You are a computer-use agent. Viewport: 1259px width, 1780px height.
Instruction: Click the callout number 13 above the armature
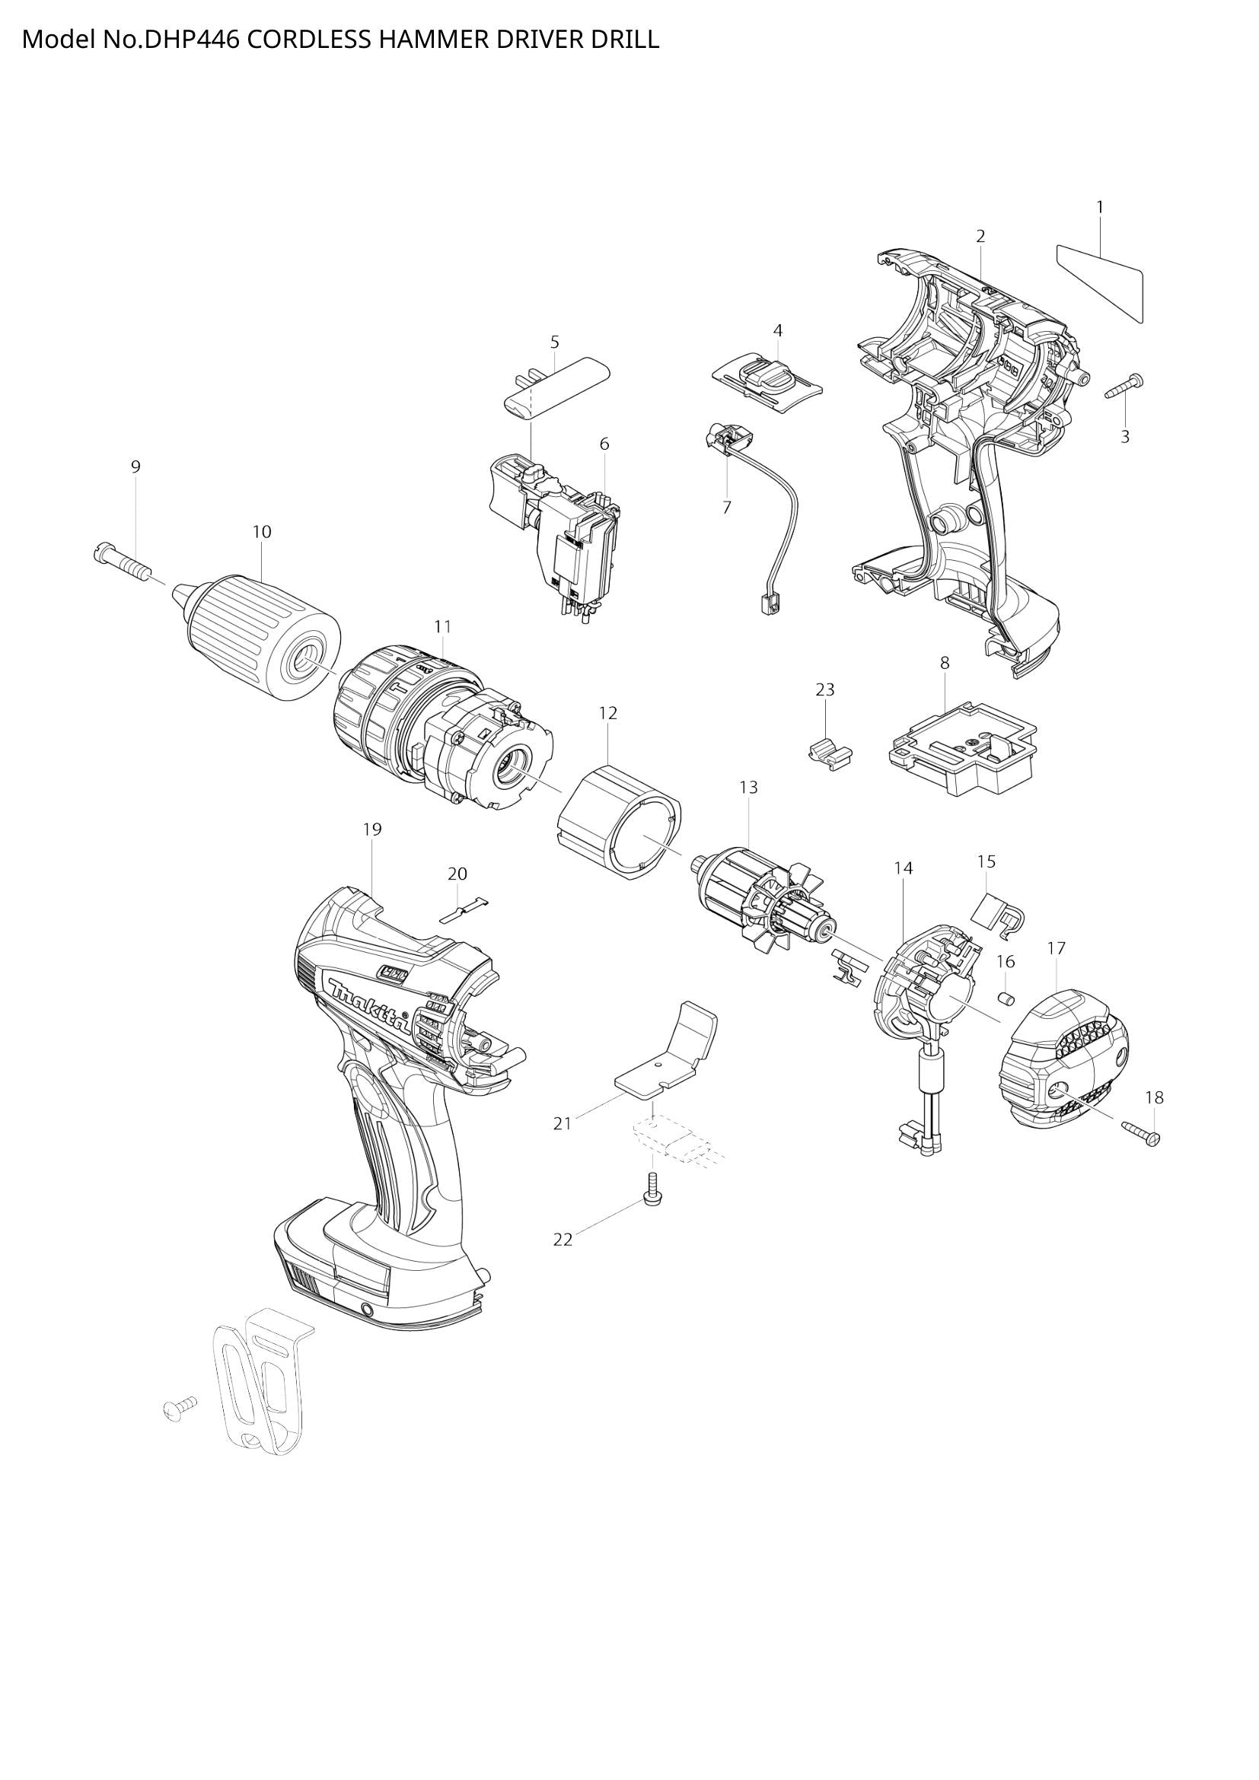point(747,788)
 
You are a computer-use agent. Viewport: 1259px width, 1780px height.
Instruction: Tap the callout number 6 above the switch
point(604,444)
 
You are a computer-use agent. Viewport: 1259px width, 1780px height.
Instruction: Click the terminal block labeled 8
point(961,750)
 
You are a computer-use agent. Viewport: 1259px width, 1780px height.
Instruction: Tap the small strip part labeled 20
point(464,909)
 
